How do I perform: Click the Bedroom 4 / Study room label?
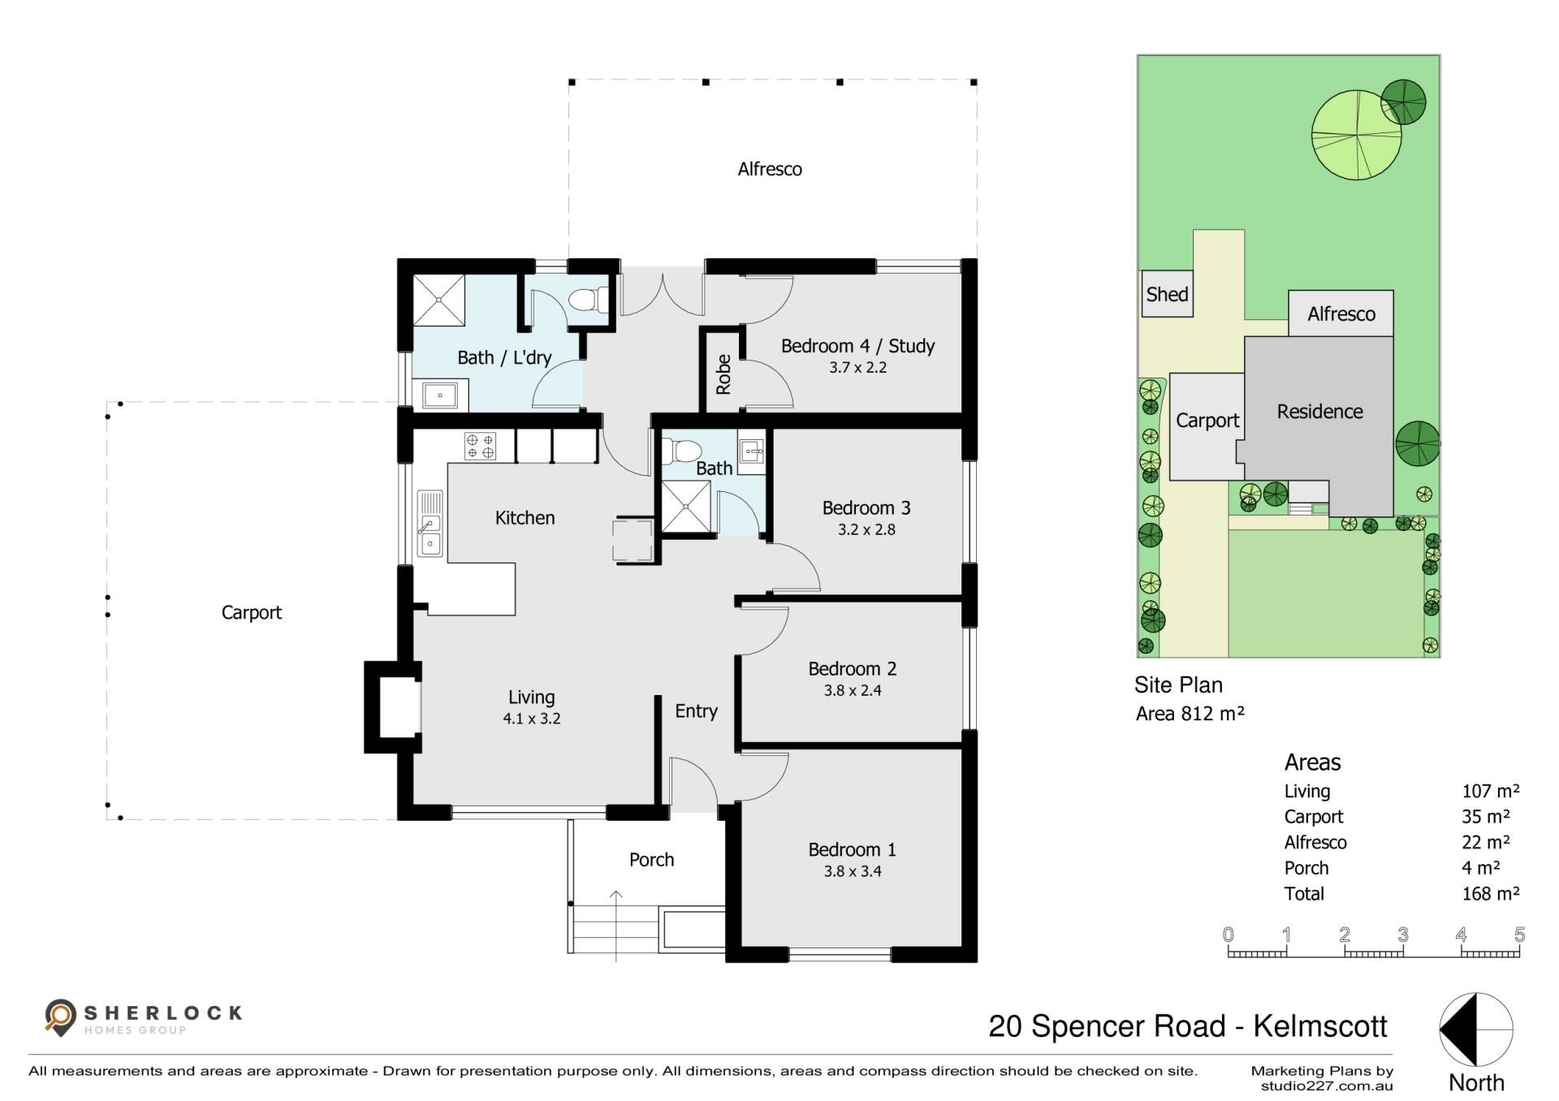857,346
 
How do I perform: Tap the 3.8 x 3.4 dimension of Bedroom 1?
853,871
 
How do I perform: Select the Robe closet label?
723,374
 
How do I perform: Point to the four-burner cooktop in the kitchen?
480,446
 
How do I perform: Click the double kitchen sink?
430,524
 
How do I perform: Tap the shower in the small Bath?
687,507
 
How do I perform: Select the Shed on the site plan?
1167,294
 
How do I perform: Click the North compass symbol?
1476,1030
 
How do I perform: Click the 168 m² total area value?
1491,893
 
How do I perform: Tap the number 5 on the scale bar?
1519,934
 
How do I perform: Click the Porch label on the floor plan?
651,859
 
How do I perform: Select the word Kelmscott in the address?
1320,1026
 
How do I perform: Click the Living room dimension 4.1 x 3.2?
532,719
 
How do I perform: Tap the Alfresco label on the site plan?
1341,314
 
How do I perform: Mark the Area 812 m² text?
1190,714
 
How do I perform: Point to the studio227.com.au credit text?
1327,1086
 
